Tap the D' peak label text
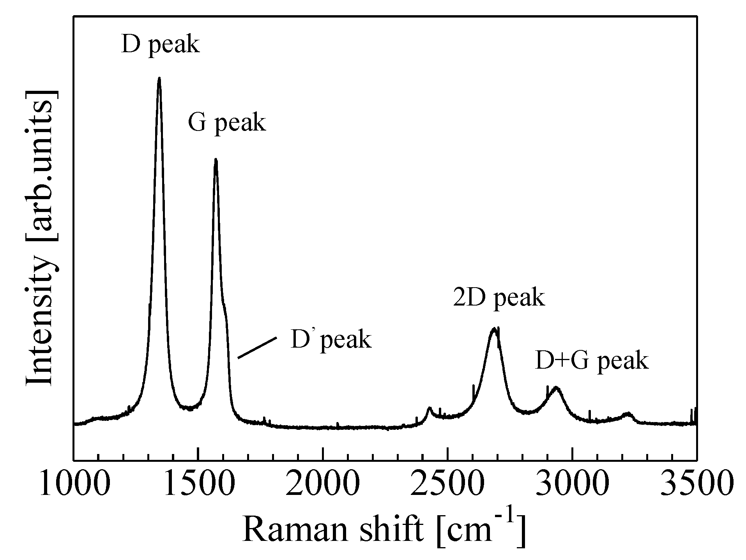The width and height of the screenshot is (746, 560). (x=331, y=340)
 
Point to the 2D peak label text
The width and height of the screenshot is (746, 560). (x=499, y=298)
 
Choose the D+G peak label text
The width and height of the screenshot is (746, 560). (x=591, y=361)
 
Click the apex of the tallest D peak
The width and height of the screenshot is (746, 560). (x=159, y=78)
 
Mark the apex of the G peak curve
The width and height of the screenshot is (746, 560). (x=216, y=159)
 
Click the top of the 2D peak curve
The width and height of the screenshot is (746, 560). (x=494, y=329)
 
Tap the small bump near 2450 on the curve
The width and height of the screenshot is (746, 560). (x=430, y=408)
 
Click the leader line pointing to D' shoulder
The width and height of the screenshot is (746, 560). (x=257, y=348)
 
